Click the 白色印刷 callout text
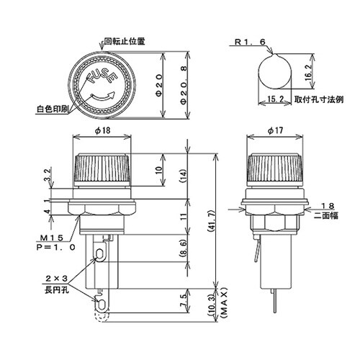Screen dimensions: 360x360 coord(51,110)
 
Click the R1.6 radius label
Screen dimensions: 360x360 coord(251,42)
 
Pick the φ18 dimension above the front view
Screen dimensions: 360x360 coord(102,132)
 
